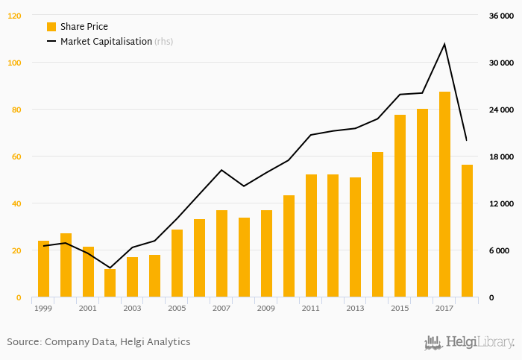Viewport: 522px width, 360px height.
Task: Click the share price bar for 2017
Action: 444,195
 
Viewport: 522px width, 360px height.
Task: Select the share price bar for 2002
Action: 110,283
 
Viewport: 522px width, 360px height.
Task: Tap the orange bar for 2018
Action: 467,231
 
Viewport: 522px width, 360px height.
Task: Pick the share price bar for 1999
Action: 43,269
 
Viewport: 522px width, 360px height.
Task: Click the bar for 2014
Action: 378,224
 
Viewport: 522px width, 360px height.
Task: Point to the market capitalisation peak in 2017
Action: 444,44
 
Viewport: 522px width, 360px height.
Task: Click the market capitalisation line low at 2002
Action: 110,268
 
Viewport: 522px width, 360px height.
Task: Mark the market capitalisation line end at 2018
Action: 467,140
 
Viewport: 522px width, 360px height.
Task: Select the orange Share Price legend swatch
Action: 51,27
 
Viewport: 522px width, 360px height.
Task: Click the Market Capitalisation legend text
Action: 106,42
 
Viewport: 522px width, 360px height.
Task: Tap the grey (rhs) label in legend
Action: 164,42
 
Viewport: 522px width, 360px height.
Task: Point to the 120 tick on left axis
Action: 15,16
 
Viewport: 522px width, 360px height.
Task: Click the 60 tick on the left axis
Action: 16,157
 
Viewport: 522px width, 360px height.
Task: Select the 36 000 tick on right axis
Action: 501,16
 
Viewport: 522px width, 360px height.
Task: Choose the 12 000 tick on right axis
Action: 501,203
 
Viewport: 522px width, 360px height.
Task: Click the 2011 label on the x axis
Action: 311,308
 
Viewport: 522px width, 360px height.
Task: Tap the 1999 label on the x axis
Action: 43,308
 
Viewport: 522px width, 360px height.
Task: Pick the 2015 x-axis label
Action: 400,308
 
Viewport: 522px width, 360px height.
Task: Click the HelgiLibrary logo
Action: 469,342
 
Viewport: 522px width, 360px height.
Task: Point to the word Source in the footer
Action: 23,342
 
